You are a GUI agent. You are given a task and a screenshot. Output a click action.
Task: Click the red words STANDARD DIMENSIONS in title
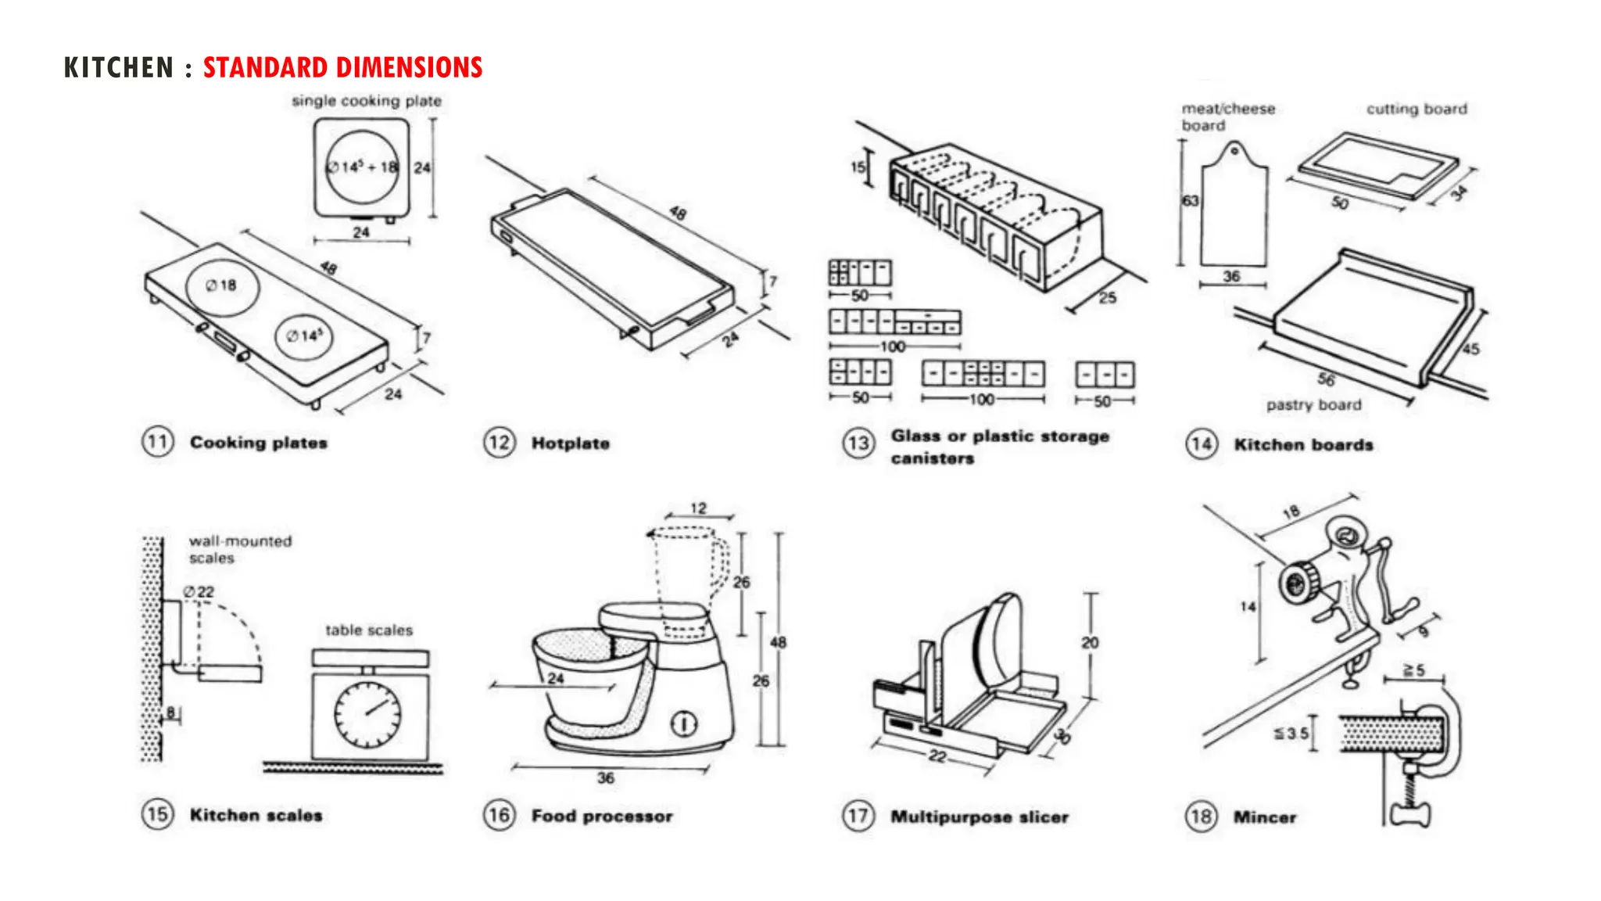(342, 68)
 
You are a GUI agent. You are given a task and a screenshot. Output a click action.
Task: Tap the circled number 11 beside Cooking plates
(157, 443)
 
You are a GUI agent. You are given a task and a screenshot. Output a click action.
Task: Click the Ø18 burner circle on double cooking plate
(222, 286)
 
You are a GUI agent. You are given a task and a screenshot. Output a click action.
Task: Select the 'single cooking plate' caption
(366, 101)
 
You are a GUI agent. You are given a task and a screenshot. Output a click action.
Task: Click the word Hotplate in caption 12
(570, 443)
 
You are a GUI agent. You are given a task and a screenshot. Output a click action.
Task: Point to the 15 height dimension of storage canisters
(858, 167)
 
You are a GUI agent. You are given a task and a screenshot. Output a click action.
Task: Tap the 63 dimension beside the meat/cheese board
(1190, 201)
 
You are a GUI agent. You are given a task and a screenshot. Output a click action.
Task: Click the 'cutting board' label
(1416, 109)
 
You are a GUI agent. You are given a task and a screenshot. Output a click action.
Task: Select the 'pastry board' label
(1313, 405)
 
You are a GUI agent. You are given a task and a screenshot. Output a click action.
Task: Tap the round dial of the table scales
(367, 714)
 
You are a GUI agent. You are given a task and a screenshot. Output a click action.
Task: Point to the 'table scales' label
(369, 630)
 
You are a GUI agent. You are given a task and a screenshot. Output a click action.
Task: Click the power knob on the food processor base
(683, 724)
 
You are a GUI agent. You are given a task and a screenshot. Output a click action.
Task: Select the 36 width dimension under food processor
(605, 778)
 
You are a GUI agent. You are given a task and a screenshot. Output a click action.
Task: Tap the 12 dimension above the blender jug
(698, 508)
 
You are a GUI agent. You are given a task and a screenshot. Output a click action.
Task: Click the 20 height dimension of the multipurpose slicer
(1090, 643)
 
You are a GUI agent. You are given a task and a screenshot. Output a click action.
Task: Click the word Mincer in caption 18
(1264, 817)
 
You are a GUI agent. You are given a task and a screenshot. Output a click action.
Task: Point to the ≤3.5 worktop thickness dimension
(1291, 734)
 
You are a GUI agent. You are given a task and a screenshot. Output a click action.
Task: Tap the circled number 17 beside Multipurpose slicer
(858, 817)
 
